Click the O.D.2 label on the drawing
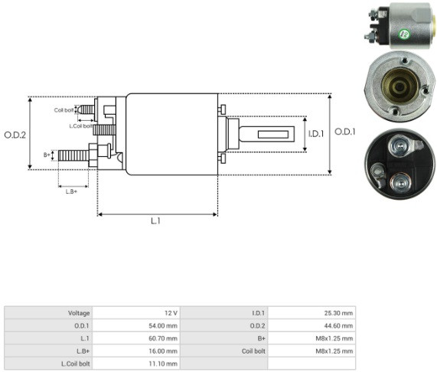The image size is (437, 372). tap(15, 135)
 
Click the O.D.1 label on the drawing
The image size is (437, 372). tap(345, 132)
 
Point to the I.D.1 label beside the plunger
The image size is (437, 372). tap(316, 134)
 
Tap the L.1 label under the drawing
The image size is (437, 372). tap(156, 221)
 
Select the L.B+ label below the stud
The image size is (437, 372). tap(71, 191)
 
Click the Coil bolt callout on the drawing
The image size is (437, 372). tap(64, 110)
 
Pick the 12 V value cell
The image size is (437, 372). tap(136, 313)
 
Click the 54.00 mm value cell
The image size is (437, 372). tap(136, 325)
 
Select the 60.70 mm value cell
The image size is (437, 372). tap(136, 338)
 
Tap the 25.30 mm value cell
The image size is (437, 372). tap(311, 313)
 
